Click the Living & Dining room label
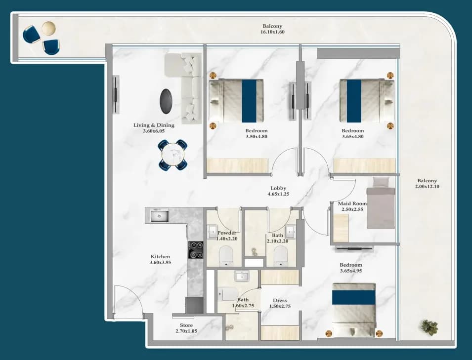coord(154,125)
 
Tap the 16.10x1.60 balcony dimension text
coord(272,32)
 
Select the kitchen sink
coord(160,216)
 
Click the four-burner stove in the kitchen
coord(196,250)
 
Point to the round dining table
coord(173,155)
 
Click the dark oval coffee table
coord(166,101)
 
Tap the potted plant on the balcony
coord(429,327)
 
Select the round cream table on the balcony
coord(48,28)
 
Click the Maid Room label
coord(352,203)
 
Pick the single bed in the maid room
coord(381,203)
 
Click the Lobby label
coord(278,188)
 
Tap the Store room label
coord(186,325)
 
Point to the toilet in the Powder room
coord(226,256)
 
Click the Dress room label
coord(280,300)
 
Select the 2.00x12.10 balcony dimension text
coord(427,187)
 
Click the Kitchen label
coord(161,256)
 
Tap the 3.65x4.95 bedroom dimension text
coord(351,271)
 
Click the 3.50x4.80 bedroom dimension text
coord(257,136)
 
